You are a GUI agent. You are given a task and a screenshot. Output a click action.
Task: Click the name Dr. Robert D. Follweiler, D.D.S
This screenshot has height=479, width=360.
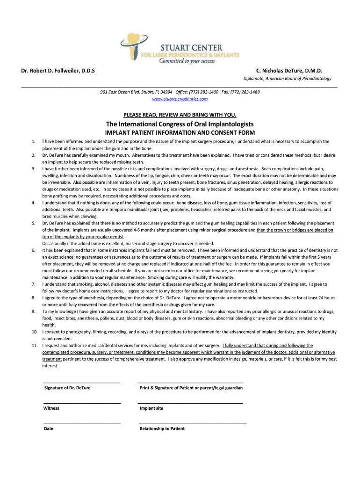pos(58,71)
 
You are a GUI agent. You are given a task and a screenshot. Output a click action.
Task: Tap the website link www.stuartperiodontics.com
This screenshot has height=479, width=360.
pos(180,99)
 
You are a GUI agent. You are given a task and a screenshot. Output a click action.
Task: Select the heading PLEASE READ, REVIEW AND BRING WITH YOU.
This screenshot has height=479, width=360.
pos(180,115)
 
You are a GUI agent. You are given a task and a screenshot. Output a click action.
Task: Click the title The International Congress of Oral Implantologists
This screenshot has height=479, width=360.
pos(180,124)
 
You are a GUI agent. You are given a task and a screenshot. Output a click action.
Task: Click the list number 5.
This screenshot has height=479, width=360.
pos(33,223)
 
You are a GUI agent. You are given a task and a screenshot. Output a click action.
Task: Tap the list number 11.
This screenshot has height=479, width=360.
pos(34,345)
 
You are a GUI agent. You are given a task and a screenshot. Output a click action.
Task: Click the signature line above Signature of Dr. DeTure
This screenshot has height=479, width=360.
pos(82,383)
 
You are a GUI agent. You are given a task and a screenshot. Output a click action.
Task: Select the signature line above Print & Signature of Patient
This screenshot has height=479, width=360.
pos(190,383)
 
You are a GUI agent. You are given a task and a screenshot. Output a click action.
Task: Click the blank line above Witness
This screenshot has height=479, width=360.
pos(82,403)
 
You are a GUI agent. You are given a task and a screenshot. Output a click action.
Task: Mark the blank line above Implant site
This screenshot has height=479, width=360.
pos(190,403)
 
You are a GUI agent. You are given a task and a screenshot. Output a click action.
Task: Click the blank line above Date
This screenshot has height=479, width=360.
pos(82,423)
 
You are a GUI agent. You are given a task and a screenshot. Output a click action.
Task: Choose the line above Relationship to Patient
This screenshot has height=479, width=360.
pos(192,423)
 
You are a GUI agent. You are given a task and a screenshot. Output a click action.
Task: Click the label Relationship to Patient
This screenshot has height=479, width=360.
pos(162,428)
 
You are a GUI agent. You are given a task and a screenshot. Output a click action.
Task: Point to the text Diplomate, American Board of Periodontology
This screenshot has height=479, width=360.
pos(287,79)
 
